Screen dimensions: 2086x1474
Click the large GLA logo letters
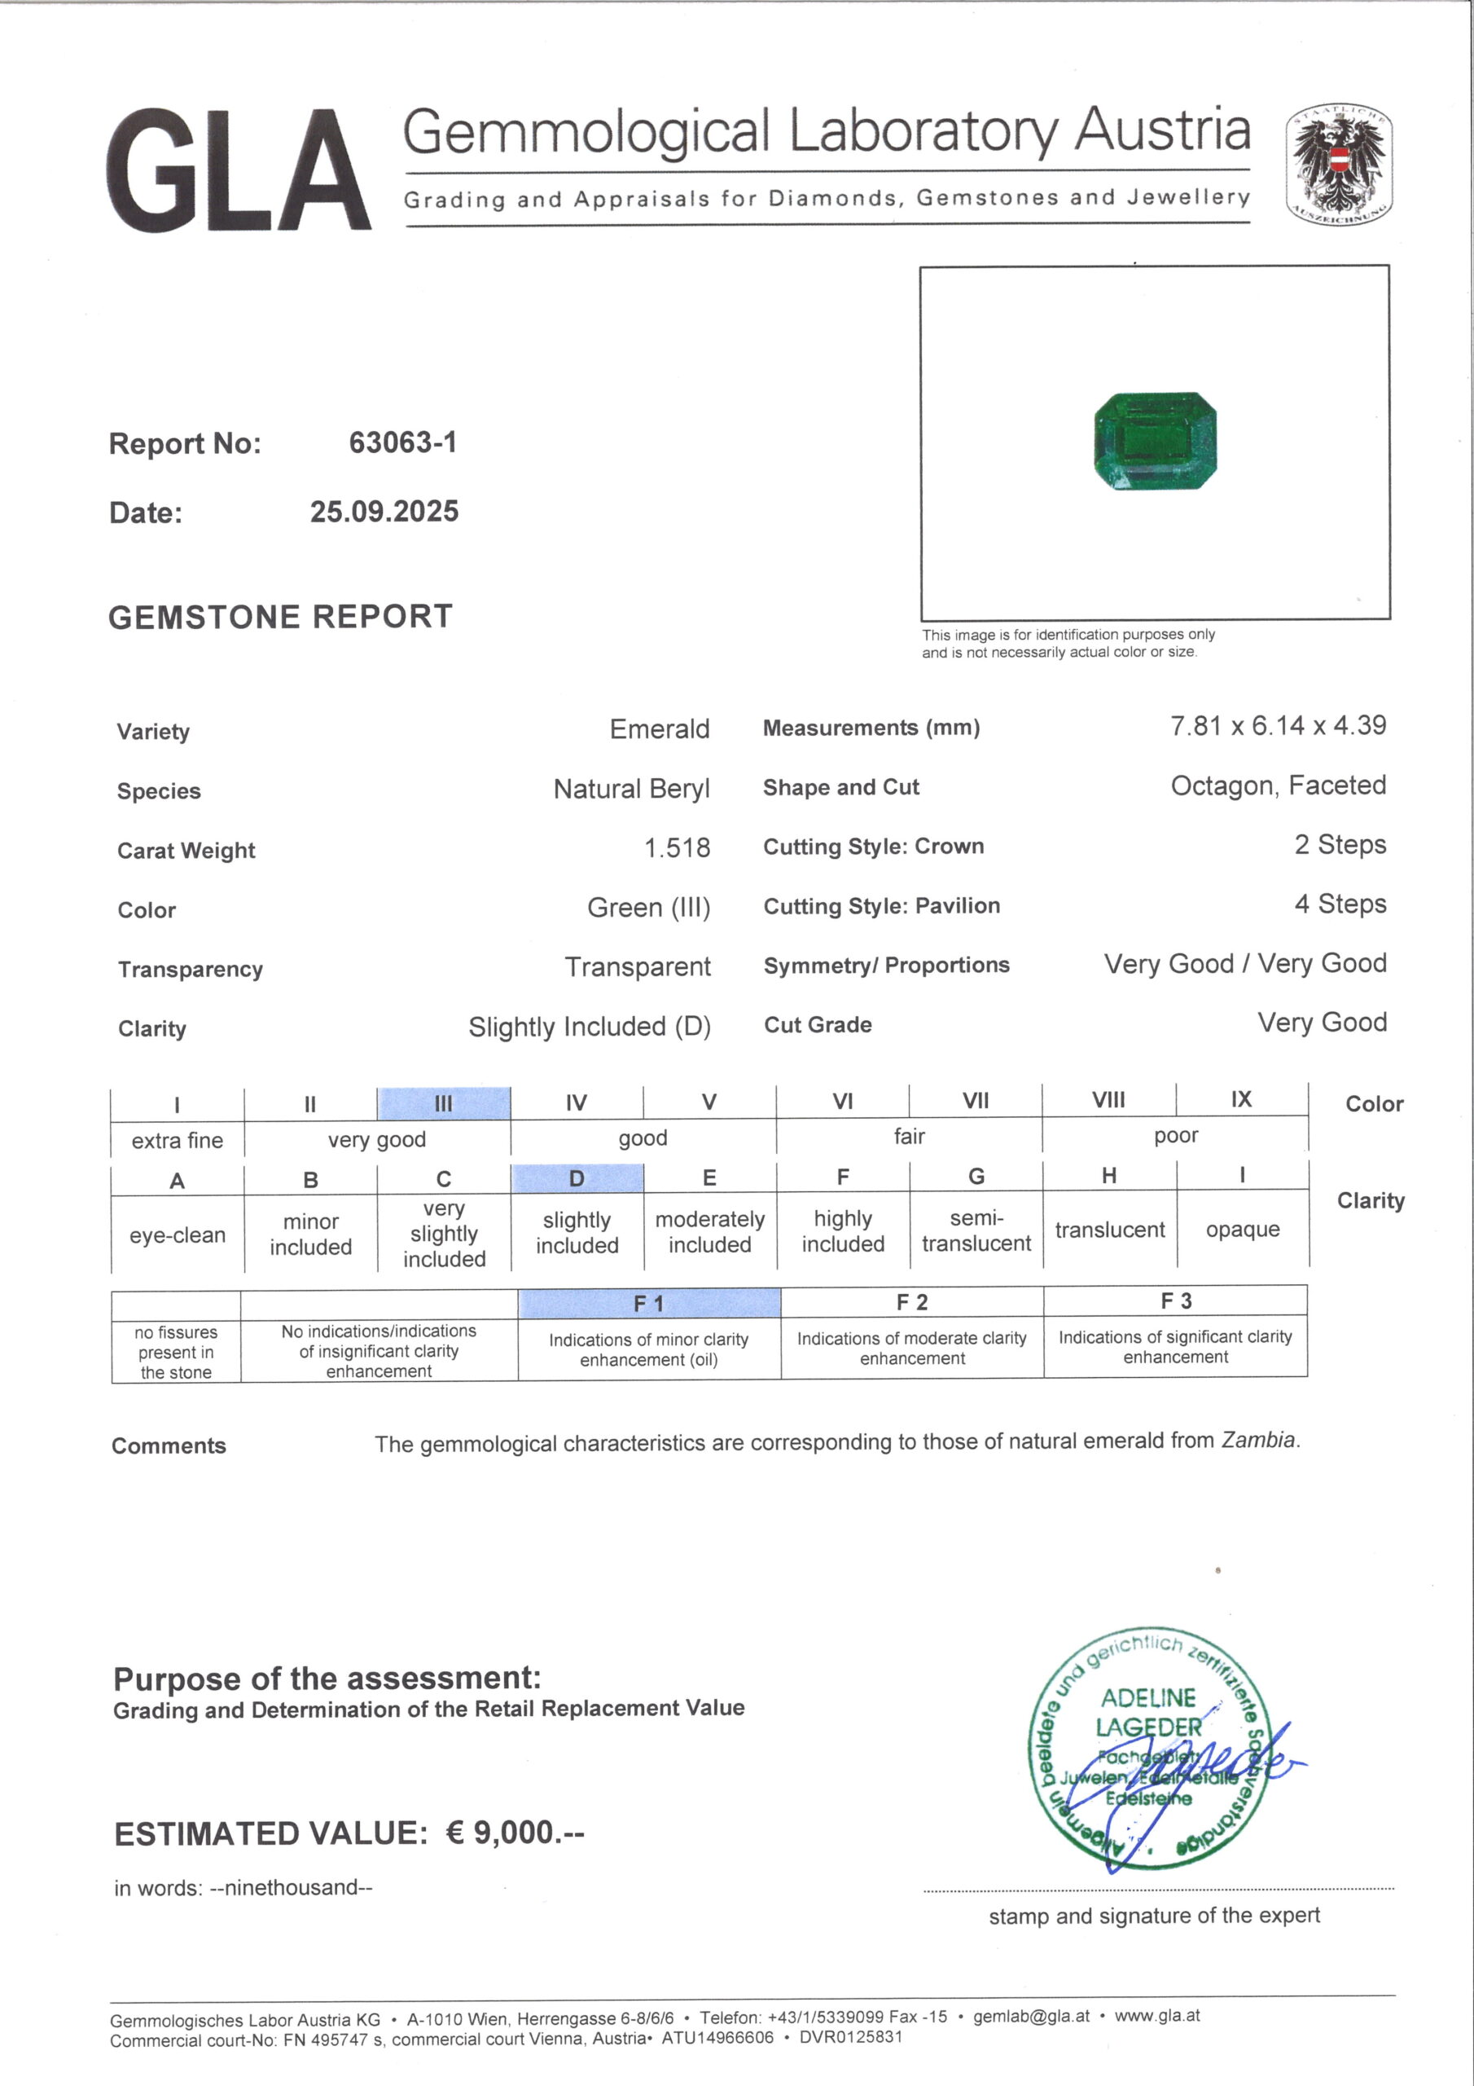click(238, 171)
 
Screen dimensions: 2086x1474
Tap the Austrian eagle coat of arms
click(1339, 165)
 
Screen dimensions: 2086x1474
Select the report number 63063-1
click(402, 442)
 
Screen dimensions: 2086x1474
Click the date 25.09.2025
click(384, 512)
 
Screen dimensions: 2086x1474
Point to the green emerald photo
click(1154, 442)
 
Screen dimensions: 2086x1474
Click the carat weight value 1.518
click(677, 847)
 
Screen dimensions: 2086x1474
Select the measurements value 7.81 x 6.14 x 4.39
click(1277, 726)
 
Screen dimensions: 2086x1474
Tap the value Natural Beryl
click(631, 789)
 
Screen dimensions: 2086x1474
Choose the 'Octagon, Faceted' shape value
click(1277, 785)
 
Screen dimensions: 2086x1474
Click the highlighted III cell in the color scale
click(443, 1103)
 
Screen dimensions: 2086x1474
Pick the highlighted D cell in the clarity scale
click(577, 1178)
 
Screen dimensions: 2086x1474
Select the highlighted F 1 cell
click(648, 1304)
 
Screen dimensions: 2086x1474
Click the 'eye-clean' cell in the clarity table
click(177, 1234)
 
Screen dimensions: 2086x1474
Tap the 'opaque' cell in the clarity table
click(1242, 1230)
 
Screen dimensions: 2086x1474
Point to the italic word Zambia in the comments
click(1259, 1440)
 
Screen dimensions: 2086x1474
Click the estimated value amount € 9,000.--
click(515, 1833)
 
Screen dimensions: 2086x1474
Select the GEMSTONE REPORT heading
click(279, 617)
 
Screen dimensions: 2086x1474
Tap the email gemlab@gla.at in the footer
click(1031, 2016)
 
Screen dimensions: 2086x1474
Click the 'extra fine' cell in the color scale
click(177, 1140)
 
